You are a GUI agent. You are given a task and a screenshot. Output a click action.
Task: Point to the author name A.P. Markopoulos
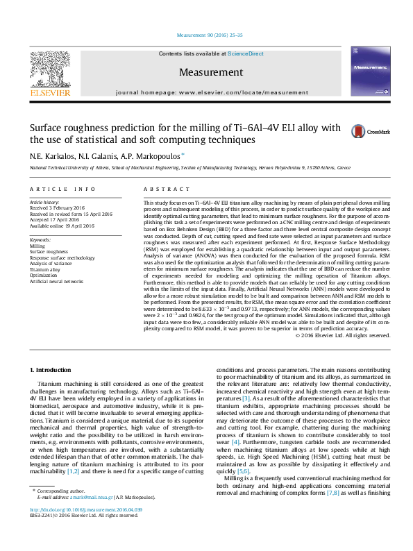pyautogui.click(x=155, y=156)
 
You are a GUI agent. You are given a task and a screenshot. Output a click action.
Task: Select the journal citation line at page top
pyautogui.click(x=206, y=34)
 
